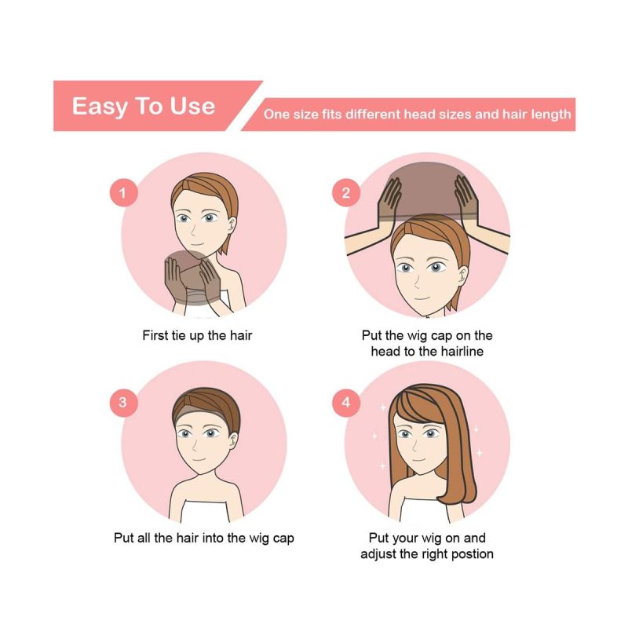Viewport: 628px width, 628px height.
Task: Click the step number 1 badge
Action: pyautogui.click(x=124, y=192)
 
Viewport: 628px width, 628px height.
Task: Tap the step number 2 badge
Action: pyautogui.click(x=346, y=192)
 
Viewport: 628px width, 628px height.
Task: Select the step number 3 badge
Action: pyautogui.click(x=124, y=403)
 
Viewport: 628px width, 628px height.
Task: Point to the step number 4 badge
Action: pyautogui.click(x=346, y=403)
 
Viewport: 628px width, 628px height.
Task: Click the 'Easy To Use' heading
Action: pyautogui.click(x=144, y=106)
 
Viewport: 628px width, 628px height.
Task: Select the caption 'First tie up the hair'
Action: pyautogui.click(x=197, y=335)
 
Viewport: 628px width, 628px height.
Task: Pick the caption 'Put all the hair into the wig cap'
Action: pyautogui.click(x=204, y=538)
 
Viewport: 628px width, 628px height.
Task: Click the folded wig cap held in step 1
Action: pyautogui.click(x=192, y=277)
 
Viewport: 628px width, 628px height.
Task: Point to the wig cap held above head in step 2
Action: pyautogui.click(x=427, y=190)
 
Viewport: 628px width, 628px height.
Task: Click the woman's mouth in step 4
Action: pyautogui.click(x=418, y=460)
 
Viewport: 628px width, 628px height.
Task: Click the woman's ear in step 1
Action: pyautogui.click(x=232, y=225)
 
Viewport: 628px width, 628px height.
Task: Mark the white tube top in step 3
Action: pyautogui.click(x=205, y=511)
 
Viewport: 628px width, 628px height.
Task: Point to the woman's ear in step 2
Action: pyautogui.click(x=463, y=276)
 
